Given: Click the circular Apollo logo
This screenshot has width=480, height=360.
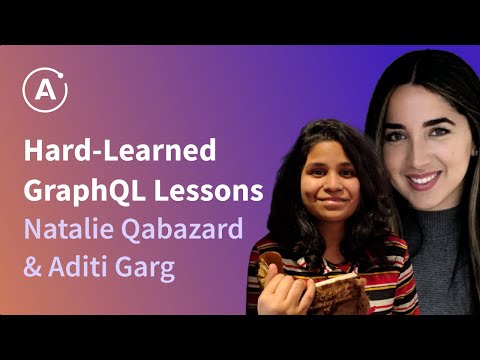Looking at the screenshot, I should tap(45, 93).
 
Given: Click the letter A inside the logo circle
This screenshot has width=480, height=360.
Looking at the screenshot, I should tap(46, 94).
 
